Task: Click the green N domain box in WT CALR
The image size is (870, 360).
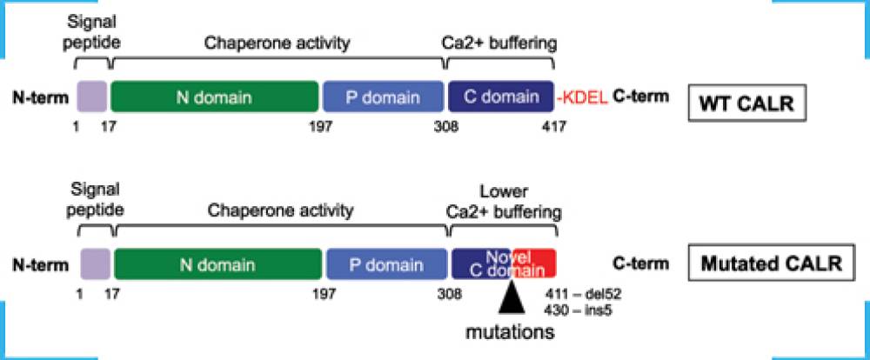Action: click(x=215, y=97)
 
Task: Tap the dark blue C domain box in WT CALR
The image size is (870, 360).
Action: click(x=500, y=97)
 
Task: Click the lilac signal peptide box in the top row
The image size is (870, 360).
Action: click(x=92, y=97)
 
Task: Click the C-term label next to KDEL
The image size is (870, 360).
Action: click(x=641, y=97)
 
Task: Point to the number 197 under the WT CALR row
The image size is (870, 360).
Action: click(x=320, y=127)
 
